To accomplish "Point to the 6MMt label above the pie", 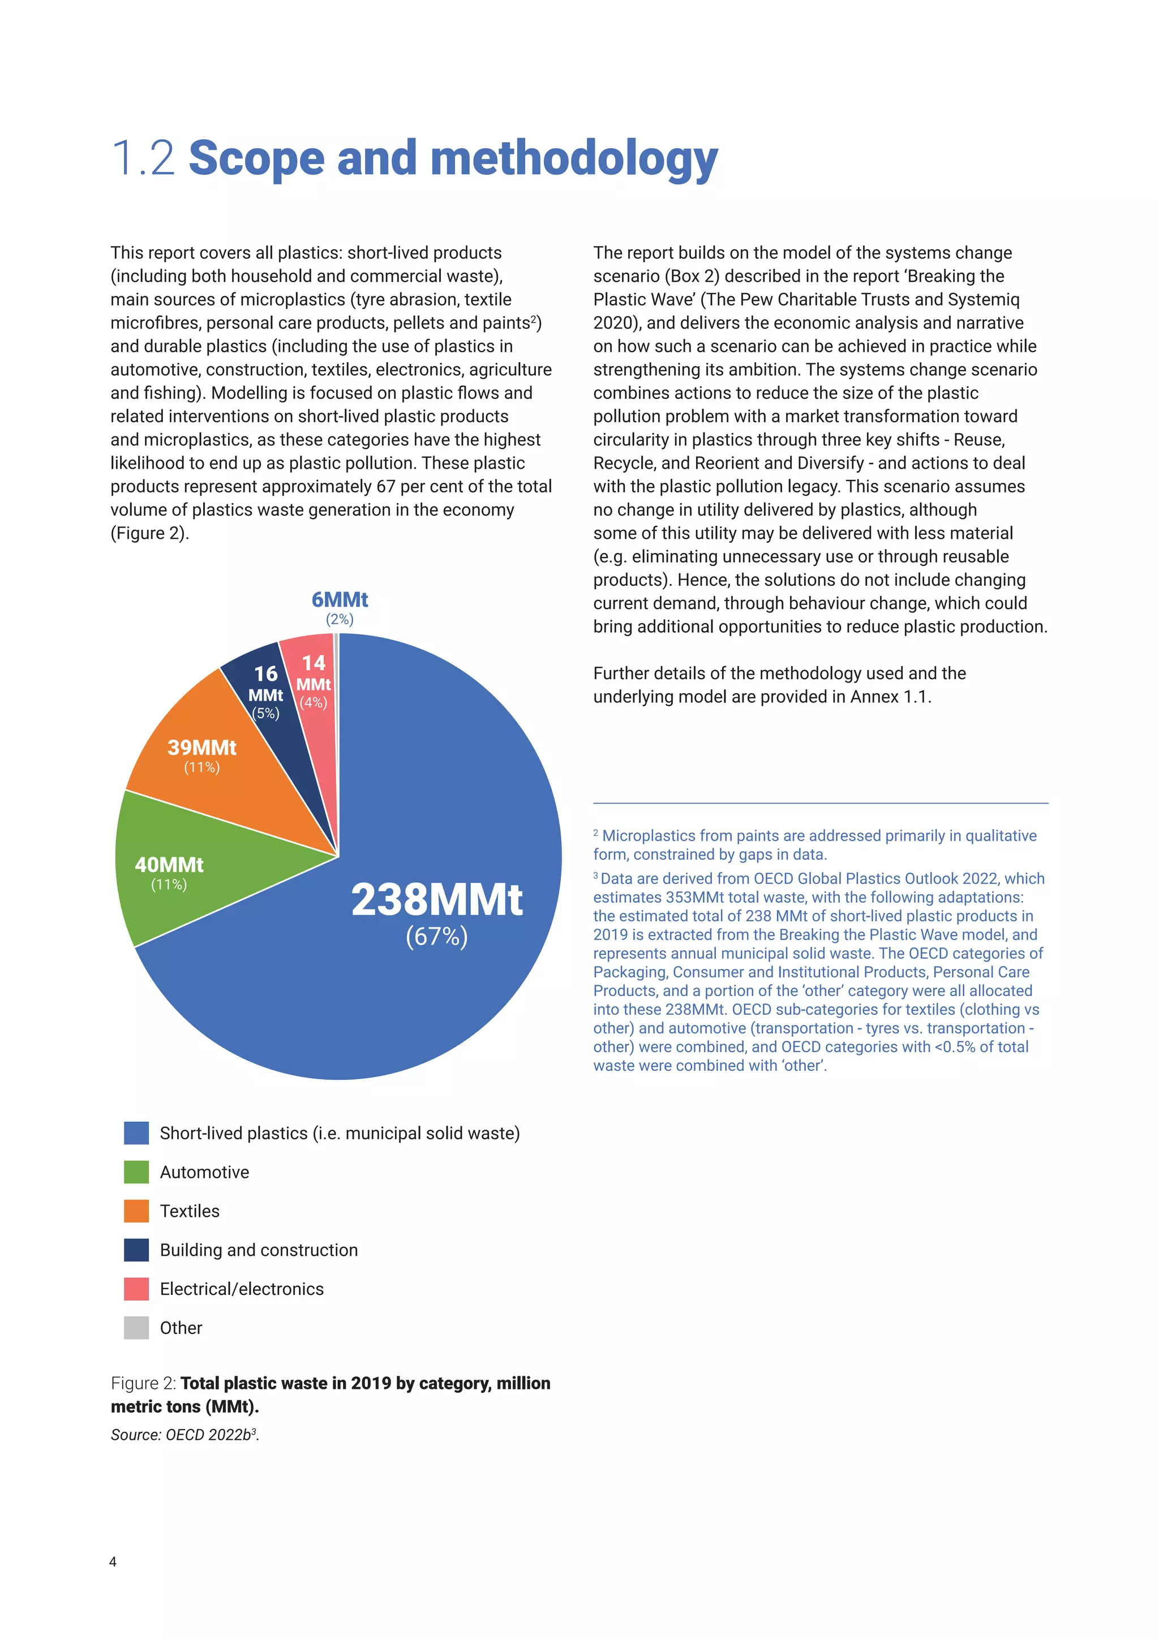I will pyautogui.click(x=340, y=600).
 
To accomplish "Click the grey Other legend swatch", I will pyautogui.click(x=136, y=1328).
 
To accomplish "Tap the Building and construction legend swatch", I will pyautogui.click(x=136, y=1250).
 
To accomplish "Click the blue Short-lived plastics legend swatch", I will pyautogui.click(x=136, y=1133).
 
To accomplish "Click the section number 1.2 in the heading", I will pyautogui.click(x=143, y=158).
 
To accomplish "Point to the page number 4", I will pyautogui.click(x=113, y=1562).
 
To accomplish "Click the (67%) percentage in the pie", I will pyautogui.click(x=436, y=936).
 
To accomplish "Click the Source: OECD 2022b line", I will pyautogui.click(x=184, y=1435).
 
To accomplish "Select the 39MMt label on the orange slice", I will pyautogui.click(x=202, y=748).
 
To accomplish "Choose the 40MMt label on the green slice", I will pyautogui.click(x=169, y=864).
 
